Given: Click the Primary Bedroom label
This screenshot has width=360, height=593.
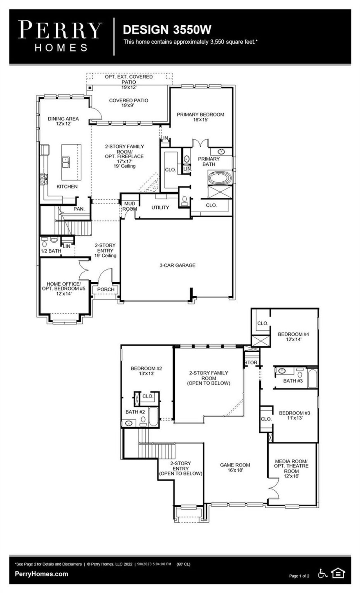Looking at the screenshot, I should point(200,114).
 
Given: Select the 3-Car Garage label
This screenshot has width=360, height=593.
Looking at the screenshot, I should point(177,265).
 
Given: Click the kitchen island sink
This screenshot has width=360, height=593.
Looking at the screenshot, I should point(66,162).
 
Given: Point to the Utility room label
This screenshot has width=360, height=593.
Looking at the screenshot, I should point(160,208).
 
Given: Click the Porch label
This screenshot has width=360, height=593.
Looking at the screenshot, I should point(106,289).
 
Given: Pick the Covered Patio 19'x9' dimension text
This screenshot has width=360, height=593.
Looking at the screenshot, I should point(129,106).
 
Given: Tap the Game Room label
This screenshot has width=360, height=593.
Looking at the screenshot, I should point(235,465).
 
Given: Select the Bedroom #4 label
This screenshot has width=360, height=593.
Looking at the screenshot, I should point(293,334).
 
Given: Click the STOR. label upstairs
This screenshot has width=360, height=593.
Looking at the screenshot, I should point(251,363).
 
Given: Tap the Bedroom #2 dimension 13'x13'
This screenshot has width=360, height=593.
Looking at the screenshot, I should point(146,374).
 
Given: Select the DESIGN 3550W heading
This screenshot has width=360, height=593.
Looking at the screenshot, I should point(167,30).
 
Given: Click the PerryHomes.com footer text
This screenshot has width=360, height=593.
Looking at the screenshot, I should point(41,574).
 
